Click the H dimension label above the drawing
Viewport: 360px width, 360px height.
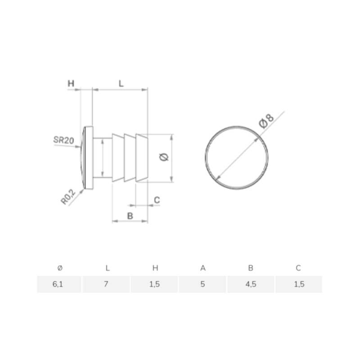click(x=71, y=84)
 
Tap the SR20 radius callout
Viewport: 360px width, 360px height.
click(x=63, y=140)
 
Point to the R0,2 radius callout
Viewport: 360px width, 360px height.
click(x=68, y=197)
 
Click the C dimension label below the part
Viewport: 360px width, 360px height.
click(x=157, y=199)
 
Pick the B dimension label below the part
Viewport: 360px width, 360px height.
click(x=130, y=216)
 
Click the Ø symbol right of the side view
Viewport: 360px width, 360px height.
click(x=164, y=157)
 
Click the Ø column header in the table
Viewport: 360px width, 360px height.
click(x=60, y=268)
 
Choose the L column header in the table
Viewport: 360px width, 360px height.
click(x=107, y=268)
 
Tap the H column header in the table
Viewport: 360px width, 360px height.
click(x=155, y=268)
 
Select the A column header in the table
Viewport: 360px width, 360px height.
click(x=203, y=268)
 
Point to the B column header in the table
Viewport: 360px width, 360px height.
click(x=251, y=268)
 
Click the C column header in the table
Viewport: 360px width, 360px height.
click(x=298, y=268)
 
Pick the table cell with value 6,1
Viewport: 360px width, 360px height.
click(x=59, y=284)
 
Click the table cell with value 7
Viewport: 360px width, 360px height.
click(x=107, y=284)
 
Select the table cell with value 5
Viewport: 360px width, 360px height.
click(x=203, y=284)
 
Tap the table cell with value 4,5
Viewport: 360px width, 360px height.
click(x=251, y=284)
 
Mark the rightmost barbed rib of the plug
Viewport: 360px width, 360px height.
click(x=141, y=157)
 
